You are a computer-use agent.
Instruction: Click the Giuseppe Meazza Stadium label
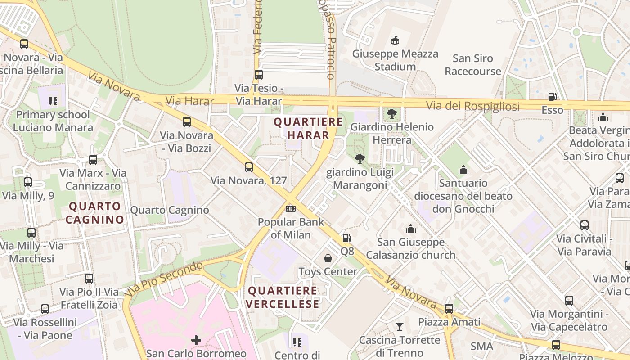point(395,60)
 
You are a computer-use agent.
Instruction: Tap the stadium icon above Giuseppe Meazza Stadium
point(395,40)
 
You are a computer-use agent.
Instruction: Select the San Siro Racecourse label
point(472,65)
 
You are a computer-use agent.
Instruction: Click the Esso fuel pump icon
point(552,96)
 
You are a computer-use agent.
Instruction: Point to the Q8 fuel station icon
point(346,238)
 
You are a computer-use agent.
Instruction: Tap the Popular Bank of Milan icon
point(291,209)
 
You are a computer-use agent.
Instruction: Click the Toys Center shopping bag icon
point(328,258)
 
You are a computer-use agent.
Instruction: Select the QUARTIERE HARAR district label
point(308,128)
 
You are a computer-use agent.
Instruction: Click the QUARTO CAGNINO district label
point(94,213)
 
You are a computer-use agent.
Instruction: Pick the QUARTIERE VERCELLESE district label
point(283,297)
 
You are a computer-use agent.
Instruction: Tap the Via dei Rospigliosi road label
point(472,107)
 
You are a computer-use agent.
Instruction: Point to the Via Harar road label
point(189,101)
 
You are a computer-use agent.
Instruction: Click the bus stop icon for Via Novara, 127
point(249,167)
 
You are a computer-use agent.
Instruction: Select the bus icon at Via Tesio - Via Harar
point(258,75)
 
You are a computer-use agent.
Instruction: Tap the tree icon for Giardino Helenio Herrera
point(392,113)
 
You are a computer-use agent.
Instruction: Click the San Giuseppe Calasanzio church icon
point(410,229)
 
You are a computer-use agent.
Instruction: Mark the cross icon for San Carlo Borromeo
point(196,340)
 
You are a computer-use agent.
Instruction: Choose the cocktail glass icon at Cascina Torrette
point(399,326)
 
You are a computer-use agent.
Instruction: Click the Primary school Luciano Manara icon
point(53,101)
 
